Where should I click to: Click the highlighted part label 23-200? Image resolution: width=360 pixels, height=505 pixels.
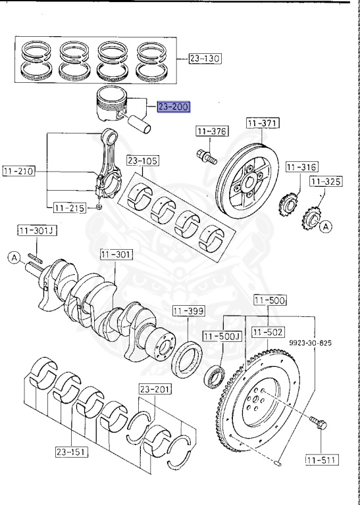point(174,107)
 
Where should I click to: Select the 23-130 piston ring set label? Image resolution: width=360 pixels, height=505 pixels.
point(205,59)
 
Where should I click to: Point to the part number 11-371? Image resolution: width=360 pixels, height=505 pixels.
point(263,124)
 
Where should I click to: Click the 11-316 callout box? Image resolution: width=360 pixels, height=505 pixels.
point(302,167)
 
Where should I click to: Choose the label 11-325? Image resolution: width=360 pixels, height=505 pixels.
point(326,181)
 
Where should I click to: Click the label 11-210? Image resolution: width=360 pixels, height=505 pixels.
point(19,172)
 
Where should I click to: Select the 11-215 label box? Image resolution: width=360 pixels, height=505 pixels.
point(70,208)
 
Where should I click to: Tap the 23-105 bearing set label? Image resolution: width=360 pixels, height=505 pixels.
point(143,160)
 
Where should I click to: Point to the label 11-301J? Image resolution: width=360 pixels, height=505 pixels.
point(37,231)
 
